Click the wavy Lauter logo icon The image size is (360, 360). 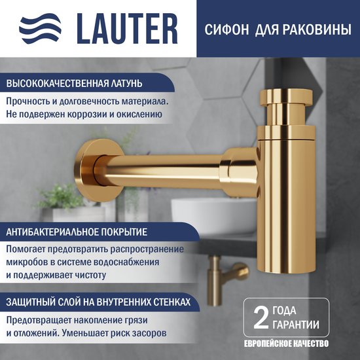point(41,28)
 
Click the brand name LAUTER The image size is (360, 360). point(127,29)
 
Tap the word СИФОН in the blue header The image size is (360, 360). point(226,29)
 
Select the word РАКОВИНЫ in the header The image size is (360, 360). point(317,29)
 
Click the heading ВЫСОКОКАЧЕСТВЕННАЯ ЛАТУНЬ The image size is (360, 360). point(74,83)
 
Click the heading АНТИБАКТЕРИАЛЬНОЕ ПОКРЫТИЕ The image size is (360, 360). point(77,232)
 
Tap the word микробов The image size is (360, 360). point(27,262)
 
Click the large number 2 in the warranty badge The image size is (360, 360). point(261,318)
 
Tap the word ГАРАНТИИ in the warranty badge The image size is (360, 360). point(296,325)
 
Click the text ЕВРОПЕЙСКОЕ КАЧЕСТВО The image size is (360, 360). point(286,344)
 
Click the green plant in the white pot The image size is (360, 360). point(61,196)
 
